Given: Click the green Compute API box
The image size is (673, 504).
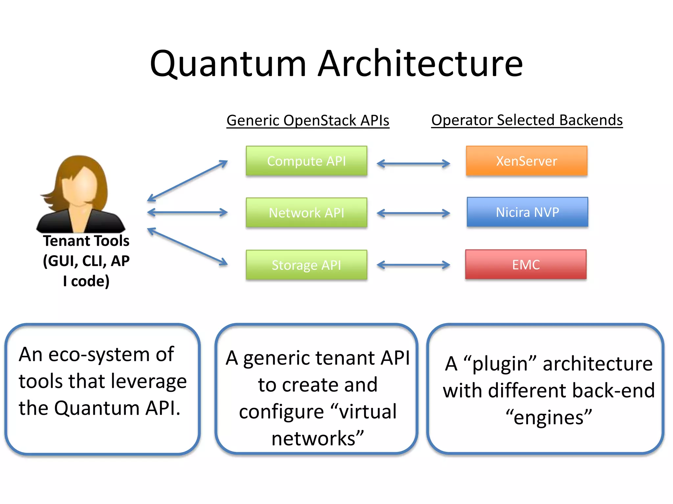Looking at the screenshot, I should point(306,161).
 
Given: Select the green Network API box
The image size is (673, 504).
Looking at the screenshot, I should point(306,213).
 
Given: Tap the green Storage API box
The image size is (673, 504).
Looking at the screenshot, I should point(306,265).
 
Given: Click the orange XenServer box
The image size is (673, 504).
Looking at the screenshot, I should point(526,161).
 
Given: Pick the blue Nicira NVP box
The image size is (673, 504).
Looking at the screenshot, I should point(527,212).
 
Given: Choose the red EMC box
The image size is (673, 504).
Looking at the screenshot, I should point(526,264).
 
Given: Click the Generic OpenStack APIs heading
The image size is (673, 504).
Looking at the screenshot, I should point(308,120).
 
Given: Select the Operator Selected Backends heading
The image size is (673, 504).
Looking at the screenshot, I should point(527,120).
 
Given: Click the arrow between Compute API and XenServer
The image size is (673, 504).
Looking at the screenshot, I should point(413,163).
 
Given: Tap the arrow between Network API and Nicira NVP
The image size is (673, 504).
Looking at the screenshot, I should point(413,213).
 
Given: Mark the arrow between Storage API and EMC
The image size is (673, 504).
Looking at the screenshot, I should point(413,265).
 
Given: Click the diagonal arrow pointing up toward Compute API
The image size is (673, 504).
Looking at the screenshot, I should point(187,181).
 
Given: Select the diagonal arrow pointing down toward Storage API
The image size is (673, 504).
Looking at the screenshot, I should point(187,246).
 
